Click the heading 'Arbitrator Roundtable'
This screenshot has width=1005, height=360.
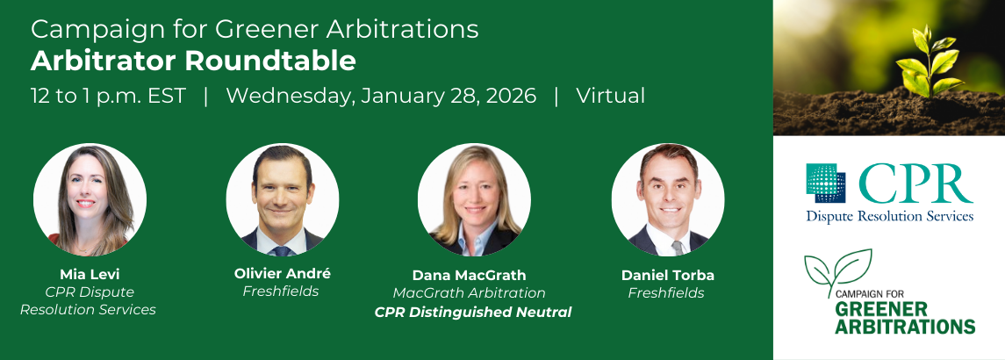coord(193,61)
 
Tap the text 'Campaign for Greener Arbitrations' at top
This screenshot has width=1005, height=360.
coord(255,30)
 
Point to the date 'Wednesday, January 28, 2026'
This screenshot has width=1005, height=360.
coord(381,96)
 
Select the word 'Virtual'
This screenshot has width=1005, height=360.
coord(610,96)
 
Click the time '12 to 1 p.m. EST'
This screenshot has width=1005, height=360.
coord(108,97)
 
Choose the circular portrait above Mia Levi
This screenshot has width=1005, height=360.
coord(90,199)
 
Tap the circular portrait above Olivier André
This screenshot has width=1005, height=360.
coord(283,199)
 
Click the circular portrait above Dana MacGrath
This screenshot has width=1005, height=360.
coord(474,199)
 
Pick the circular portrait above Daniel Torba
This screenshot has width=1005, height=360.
coord(668,199)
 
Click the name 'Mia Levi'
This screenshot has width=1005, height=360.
coord(90,276)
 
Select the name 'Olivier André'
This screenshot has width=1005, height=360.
coord(283,273)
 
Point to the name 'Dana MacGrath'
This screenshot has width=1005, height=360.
coord(470,276)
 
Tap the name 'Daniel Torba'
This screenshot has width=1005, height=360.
coord(668,276)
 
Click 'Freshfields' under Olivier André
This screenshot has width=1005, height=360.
coord(281,292)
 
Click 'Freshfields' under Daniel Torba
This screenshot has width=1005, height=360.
coord(666,293)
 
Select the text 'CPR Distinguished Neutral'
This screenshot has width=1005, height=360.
coord(473,313)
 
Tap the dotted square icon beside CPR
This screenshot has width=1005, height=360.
coord(826,183)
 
